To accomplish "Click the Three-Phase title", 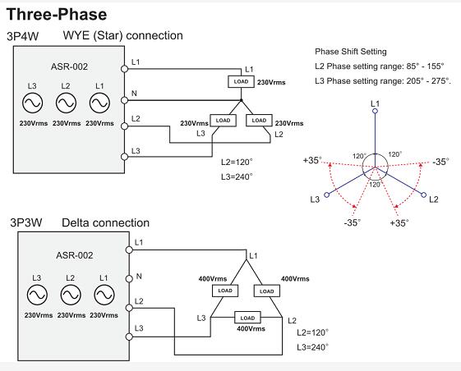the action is coord(57,15).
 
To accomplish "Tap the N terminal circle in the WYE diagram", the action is coord(125,100).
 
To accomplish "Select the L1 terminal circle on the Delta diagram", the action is coord(129,250).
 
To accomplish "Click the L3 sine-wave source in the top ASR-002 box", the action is coord(32,103).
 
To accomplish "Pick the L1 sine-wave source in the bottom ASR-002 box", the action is coord(104,295).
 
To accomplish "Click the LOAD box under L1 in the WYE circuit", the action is coord(241,81).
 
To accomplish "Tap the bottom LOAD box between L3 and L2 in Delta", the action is coord(247,318).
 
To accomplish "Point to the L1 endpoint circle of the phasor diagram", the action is coord(375,111).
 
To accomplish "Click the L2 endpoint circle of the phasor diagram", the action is coord(424,195).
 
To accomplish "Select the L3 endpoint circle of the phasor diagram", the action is coord(326,195).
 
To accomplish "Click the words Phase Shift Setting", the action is coord(351,52).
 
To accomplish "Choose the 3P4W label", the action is coord(23,36).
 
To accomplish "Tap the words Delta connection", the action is coord(105,223).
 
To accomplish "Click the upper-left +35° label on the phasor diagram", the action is coord(312,160).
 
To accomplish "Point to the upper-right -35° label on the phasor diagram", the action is coord(440,162).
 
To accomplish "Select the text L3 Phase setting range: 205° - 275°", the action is coord(383,81).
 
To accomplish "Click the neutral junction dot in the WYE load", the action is coord(241,100).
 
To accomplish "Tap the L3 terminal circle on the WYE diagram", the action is coord(125,157).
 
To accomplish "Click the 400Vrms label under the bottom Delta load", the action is coord(251,328).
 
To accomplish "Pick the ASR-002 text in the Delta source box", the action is coord(75,255).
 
